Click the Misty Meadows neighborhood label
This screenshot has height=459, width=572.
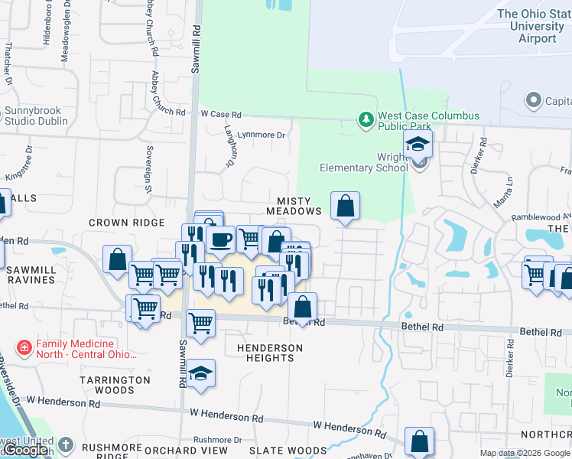(x=294, y=206)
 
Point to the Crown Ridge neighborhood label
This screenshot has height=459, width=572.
(x=126, y=223)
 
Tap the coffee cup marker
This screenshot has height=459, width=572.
(x=220, y=240)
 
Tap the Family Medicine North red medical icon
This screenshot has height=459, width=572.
(x=24, y=349)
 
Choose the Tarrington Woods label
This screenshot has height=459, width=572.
(x=115, y=385)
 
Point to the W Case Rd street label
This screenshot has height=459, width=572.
(x=221, y=114)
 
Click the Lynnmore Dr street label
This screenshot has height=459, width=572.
(x=261, y=135)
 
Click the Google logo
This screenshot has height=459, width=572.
(x=27, y=451)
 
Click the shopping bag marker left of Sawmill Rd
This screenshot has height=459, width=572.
(x=118, y=259)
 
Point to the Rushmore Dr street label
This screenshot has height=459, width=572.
(x=217, y=440)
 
